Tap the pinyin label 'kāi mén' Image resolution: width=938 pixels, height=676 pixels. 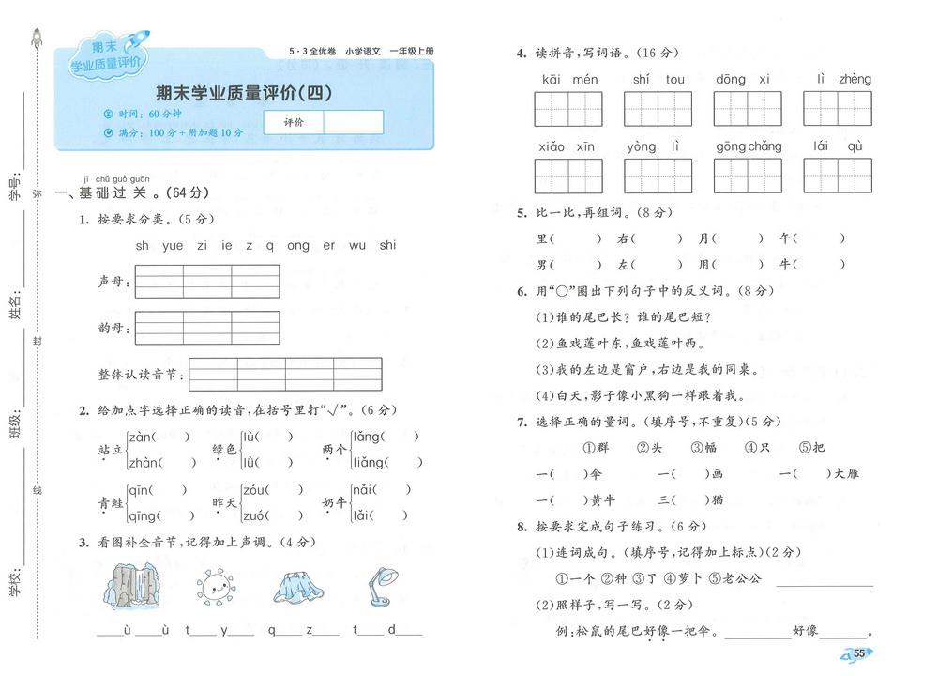[x=569, y=80]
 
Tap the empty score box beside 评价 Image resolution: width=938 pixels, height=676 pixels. [x=353, y=122]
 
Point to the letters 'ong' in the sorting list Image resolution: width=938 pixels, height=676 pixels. [x=298, y=246]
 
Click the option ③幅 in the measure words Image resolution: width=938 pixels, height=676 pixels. [x=705, y=448]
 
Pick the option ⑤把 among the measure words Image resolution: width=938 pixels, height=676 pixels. [x=812, y=448]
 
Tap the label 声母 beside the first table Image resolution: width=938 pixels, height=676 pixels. [x=111, y=281]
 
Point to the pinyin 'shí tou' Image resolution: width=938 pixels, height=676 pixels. [x=658, y=80]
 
